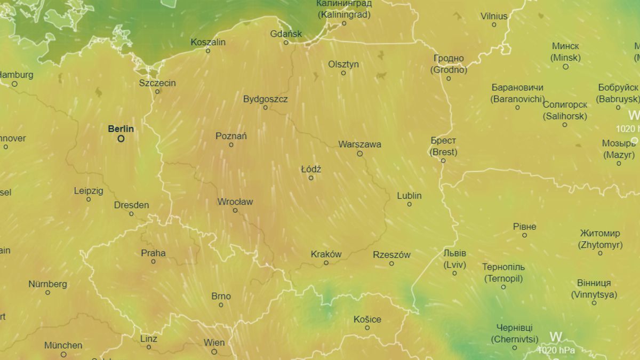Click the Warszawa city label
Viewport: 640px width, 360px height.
[x=359, y=144]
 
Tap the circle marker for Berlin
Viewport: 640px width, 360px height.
[x=121, y=139]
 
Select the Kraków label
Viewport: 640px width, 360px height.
[x=326, y=254]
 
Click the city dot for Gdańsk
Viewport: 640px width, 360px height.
[x=286, y=43]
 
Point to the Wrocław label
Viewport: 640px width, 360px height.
[x=235, y=202]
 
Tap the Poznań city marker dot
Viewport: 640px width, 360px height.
[x=231, y=145]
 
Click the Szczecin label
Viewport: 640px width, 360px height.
[x=157, y=83]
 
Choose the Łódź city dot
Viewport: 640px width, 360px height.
[x=311, y=178]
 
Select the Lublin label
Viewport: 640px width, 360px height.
[x=409, y=195]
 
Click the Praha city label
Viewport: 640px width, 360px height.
[x=153, y=253]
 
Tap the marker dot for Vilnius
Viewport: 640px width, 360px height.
[x=494, y=25]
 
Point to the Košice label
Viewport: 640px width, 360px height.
[x=367, y=319]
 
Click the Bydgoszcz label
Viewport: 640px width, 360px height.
[x=265, y=99]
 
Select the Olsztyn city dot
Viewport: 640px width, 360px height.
[x=343, y=73]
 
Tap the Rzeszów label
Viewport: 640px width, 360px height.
[x=391, y=254]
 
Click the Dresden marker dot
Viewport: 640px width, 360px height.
[x=131, y=214]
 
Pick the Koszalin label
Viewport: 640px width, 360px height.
[x=208, y=42]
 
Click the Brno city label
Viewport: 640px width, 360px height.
[x=221, y=296]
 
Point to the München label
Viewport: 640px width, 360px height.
[x=63, y=345]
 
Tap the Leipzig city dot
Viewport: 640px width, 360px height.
[x=89, y=199]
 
